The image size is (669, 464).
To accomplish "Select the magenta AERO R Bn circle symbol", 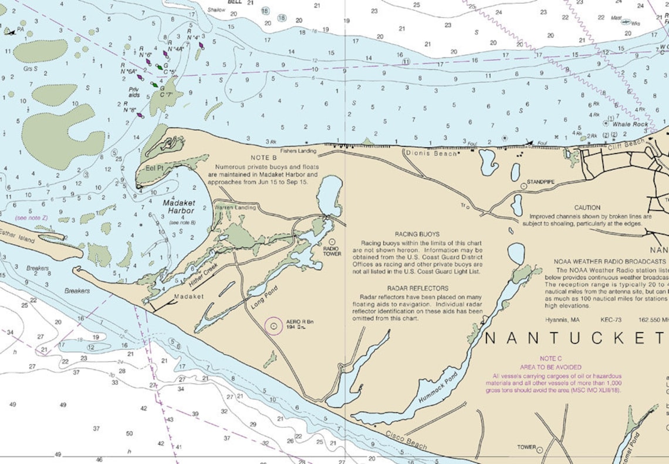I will pyautogui.click(x=273, y=325).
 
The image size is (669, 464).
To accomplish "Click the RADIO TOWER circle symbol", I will pyautogui.click(x=332, y=241).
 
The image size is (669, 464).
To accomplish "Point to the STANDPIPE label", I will pyautogui.click(x=540, y=183).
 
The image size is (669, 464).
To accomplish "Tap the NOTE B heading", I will pyautogui.click(x=263, y=158).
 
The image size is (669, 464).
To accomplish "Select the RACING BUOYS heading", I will pyautogui.click(x=417, y=234).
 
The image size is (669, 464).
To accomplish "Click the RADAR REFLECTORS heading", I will pyautogui.click(x=417, y=288).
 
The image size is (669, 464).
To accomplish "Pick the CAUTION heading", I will pyautogui.click(x=587, y=207).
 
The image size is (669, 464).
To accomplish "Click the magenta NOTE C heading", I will pyautogui.click(x=551, y=358).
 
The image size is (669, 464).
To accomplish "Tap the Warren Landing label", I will pyautogui.click(x=235, y=207).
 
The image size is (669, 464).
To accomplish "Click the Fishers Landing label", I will pyautogui.click(x=298, y=151).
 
